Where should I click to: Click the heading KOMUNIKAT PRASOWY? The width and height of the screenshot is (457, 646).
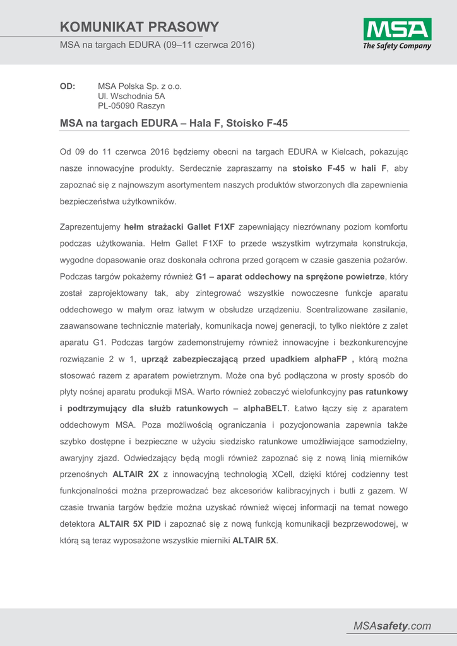tap(139, 26)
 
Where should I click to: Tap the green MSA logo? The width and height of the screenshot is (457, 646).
tap(397, 29)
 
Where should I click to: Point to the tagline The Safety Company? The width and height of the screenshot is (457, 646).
tap(397, 46)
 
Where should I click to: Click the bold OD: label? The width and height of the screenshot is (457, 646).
tap(68, 86)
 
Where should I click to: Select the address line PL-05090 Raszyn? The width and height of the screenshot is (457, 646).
tap(131, 106)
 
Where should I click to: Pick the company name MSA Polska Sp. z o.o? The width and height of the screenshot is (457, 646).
tap(139, 86)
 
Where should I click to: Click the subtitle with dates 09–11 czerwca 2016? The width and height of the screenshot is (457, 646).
tap(157, 45)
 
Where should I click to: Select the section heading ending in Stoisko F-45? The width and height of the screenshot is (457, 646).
tap(174, 123)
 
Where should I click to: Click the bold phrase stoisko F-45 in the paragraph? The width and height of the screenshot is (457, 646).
tap(319, 168)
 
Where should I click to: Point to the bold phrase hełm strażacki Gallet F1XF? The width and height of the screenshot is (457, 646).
tap(179, 226)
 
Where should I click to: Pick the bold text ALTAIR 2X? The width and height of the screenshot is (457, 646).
tap(135, 474)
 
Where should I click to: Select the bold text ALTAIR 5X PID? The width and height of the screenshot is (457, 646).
tap(129, 523)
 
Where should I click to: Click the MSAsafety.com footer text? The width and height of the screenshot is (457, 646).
tap(392, 626)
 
